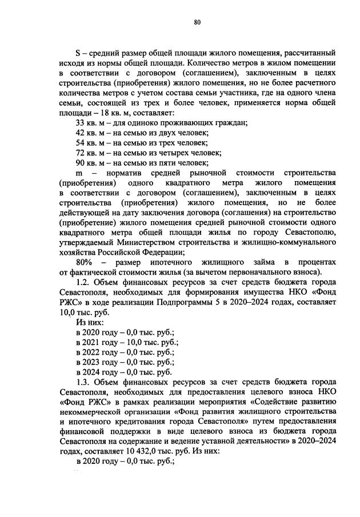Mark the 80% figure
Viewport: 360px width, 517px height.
pos(85,262)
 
